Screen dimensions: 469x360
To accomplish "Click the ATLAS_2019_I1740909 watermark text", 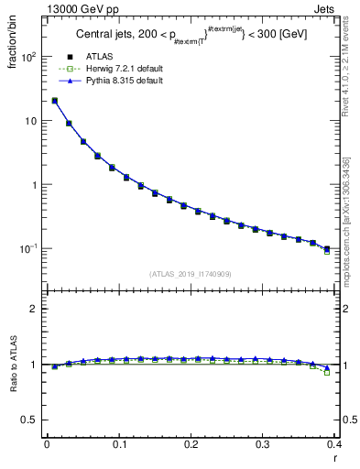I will (190, 273).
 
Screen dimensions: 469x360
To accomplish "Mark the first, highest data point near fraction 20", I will (55, 101).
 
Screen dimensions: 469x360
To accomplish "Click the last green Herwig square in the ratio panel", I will (327, 373).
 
